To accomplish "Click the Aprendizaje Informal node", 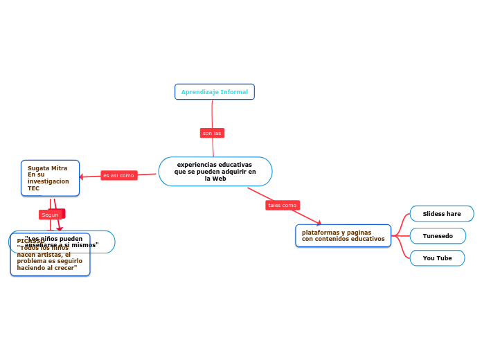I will pos(215,92).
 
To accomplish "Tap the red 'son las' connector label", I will pos(212,133).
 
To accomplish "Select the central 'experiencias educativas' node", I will pos(215,171).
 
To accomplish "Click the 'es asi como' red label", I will pos(118,176).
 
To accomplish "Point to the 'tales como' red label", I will pos(282,206).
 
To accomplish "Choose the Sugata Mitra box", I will pos(50,178).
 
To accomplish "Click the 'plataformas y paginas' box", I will pos(343,235).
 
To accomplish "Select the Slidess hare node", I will pos(441,214).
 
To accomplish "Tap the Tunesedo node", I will pos(438,236).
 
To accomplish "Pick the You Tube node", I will pos(437,258).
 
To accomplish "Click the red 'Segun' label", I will pos(50,215).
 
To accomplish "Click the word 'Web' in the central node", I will pos(219,179).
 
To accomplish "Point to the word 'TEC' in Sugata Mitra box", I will pos(33,188).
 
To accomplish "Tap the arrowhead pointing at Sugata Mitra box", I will pos(82,177).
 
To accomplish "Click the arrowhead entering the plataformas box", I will pos(319,222).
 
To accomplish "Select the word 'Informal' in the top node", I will pos(234,92).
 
